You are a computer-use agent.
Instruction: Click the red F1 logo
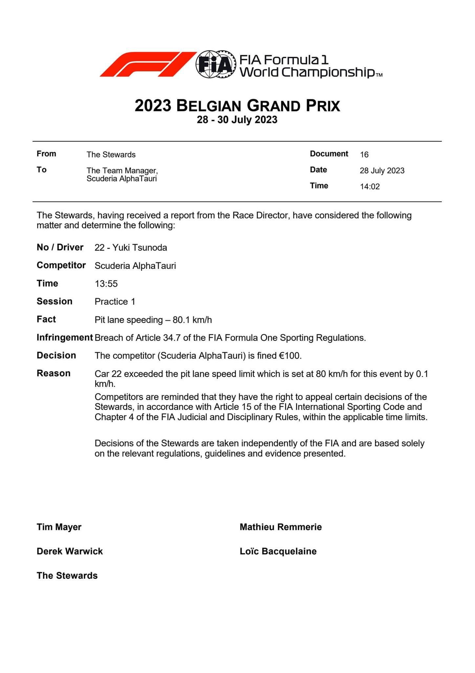tap(148, 64)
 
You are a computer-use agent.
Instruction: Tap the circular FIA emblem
tap(216, 64)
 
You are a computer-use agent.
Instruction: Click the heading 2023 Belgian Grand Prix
tap(237, 106)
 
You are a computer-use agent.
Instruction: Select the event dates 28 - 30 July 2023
tap(237, 120)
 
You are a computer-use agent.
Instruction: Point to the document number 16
tap(364, 154)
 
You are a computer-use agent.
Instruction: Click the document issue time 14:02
tap(370, 187)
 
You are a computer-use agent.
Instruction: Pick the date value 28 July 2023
tap(382, 171)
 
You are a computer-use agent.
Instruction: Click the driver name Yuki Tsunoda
tap(140, 247)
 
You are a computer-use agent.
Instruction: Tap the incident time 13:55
tap(106, 284)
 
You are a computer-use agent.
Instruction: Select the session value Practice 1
tap(115, 302)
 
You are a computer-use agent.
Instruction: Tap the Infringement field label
tap(65, 337)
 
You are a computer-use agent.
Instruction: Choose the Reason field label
tap(54, 373)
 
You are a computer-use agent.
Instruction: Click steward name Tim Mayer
tap(59, 527)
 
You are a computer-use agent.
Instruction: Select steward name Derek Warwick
tap(70, 551)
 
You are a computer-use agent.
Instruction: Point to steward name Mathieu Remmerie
tap(281, 527)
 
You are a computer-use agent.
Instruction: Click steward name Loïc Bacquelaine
tap(278, 551)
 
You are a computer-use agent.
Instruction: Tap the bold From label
tap(46, 154)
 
